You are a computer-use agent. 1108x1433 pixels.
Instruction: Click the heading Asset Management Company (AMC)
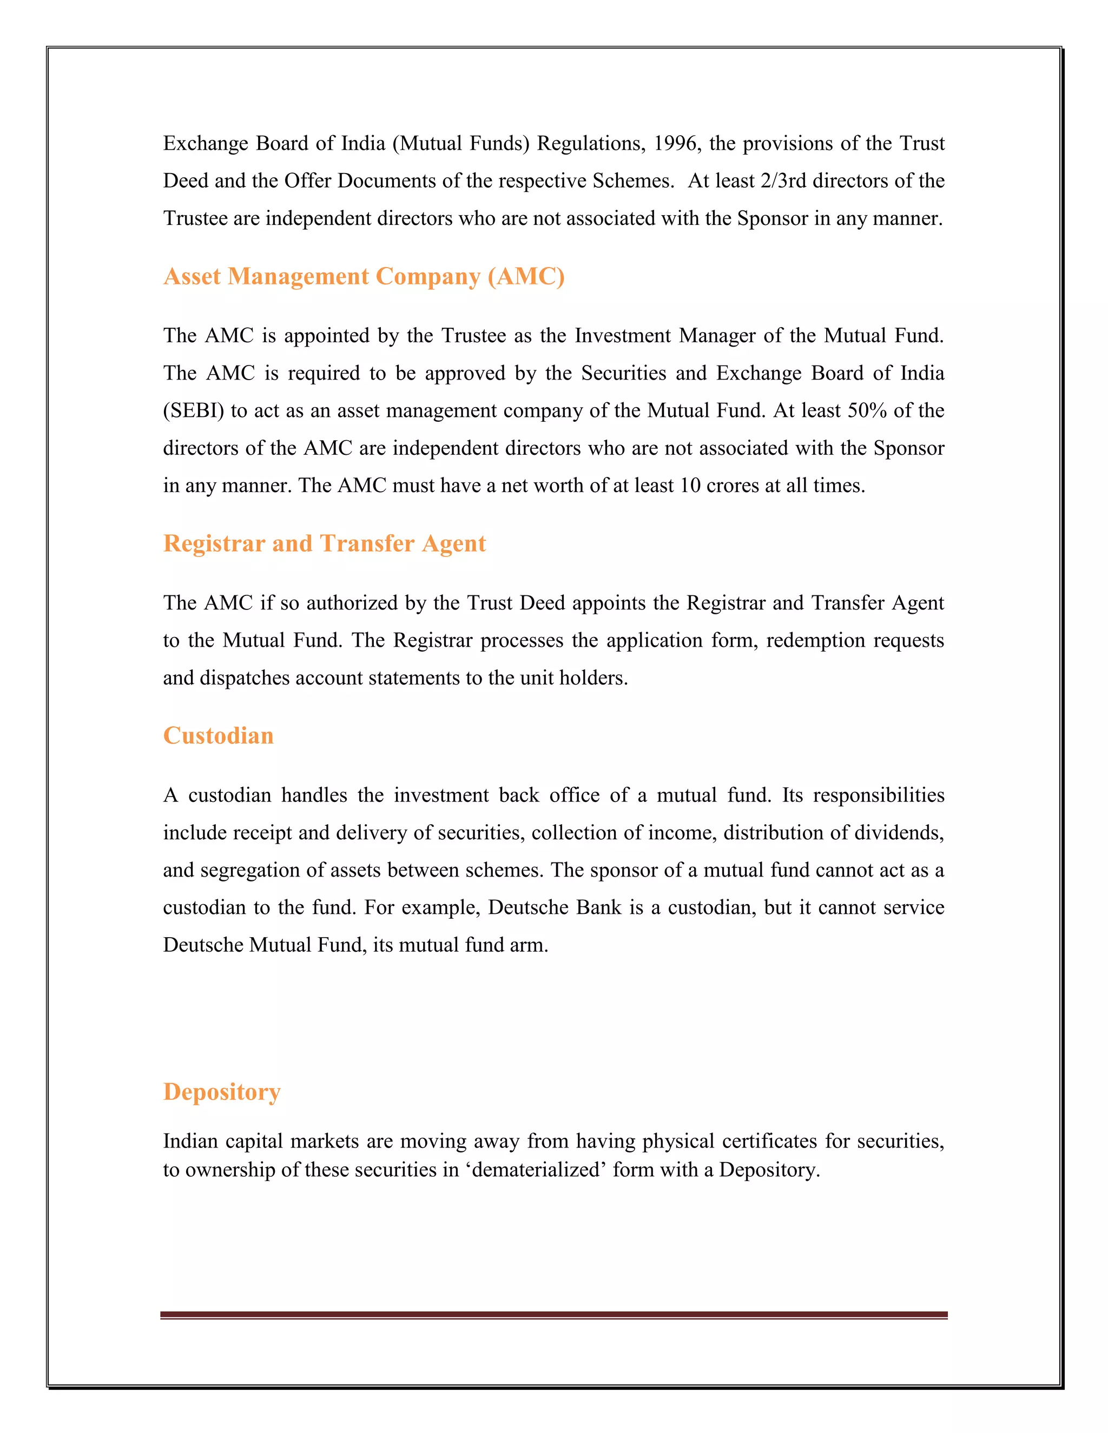tap(364, 277)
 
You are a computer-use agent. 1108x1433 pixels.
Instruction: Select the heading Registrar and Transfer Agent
tap(324, 544)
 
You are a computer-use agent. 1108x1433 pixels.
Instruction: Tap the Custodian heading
tap(218, 736)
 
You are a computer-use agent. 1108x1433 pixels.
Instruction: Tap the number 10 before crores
tap(690, 486)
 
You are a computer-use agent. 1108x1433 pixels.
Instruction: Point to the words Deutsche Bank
tap(555, 907)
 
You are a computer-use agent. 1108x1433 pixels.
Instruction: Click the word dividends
tap(910, 833)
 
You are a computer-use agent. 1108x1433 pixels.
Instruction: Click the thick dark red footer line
tap(553, 1314)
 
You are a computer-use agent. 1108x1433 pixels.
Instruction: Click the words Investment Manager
tap(665, 336)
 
